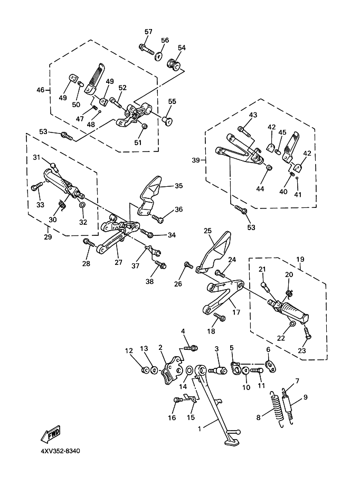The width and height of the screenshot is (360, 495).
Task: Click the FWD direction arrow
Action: pos(51,434)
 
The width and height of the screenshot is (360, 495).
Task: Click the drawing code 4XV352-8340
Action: pos(60,451)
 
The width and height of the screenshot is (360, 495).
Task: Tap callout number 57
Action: pos(148,32)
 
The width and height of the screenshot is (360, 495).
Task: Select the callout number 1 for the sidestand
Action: pos(199,429)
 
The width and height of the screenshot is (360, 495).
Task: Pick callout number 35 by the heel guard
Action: pos(179,186)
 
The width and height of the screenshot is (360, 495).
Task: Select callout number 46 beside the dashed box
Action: pos(41,90)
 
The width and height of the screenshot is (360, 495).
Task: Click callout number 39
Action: pos(196,160)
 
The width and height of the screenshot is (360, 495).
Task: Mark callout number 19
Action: pos(300,259)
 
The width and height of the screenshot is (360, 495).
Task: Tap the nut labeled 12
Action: pos(145,369)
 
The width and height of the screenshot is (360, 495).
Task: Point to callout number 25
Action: pos(207,231)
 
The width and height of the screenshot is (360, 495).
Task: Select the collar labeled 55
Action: pos(166,120)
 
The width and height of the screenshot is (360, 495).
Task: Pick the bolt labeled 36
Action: pos(157,218)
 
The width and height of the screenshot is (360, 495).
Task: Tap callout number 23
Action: pos(302,350)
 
